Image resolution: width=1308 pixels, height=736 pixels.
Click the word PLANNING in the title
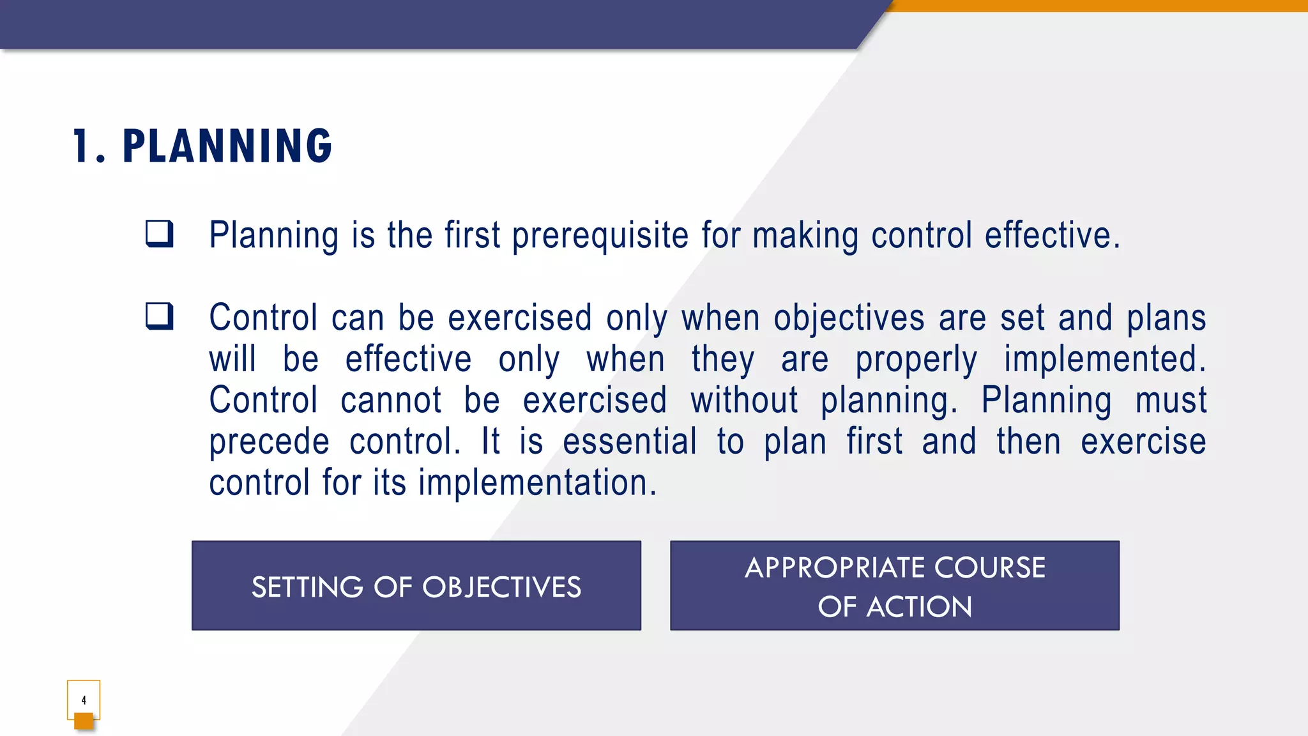click(227, 146)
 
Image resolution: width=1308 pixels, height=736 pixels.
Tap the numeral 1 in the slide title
click(81, 146)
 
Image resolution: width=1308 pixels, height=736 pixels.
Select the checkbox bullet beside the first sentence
click(159, 234)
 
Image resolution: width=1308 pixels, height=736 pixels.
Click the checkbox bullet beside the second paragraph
click(159, 316)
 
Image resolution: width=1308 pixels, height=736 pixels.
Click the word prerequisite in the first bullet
click(600, 236)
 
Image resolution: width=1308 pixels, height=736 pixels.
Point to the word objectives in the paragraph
click(849, 318)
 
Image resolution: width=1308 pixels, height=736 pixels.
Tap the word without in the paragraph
click(744, 401)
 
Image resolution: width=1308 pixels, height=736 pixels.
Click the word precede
click(269, 442)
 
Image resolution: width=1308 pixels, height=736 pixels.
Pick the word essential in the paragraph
click(630, 441)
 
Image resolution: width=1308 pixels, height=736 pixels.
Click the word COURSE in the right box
click(989, 567)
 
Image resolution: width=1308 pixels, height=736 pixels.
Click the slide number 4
click(84, 700)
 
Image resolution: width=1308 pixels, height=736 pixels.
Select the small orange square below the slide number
click(84, 721)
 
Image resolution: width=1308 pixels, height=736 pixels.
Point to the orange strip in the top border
click(1099, 6)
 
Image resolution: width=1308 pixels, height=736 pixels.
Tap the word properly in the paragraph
click(916, 360)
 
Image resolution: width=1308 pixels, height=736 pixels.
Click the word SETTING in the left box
click(307, 587)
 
